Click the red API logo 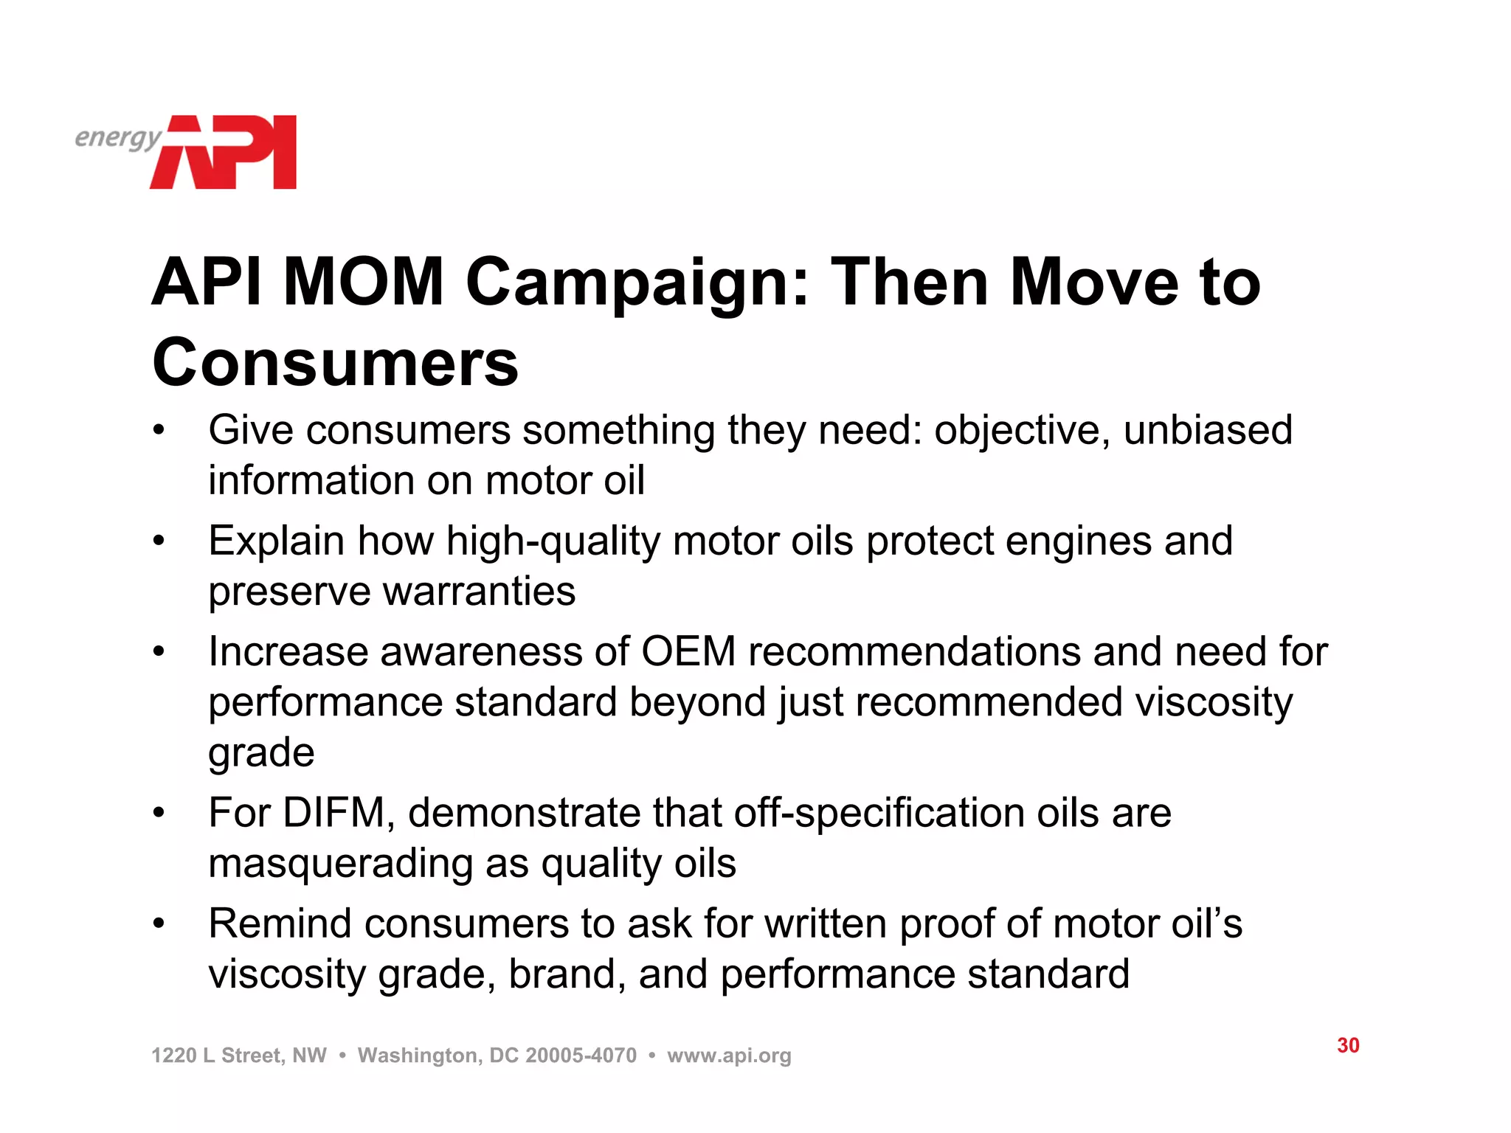click(x=225, y=153)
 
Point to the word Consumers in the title click(x=336, y=362)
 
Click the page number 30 click(x=1348, y=1045)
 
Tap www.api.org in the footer click(x=729, y=1056)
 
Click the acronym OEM click(x=688, y=652)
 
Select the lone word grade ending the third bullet click(x=261, y=754)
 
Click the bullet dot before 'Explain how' click(x=159, y=541)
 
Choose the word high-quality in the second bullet click(x=553, y=541)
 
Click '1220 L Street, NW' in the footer click(x=238, y=1056)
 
